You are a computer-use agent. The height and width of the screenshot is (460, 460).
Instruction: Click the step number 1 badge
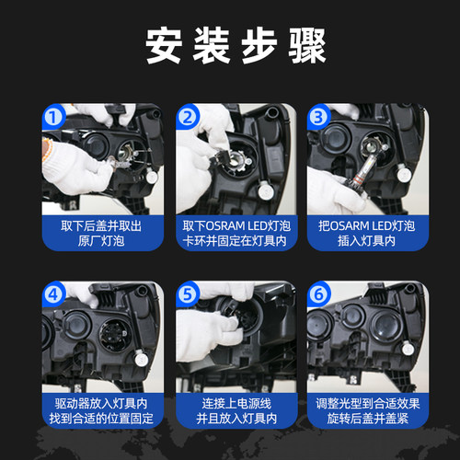tap(52, 117)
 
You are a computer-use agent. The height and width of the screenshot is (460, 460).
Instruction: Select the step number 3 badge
tap(319, 117)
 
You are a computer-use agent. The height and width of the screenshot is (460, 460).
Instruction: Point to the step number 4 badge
tap(52, 295)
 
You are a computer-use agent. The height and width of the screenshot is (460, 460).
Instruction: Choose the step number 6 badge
tap(319, 295)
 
